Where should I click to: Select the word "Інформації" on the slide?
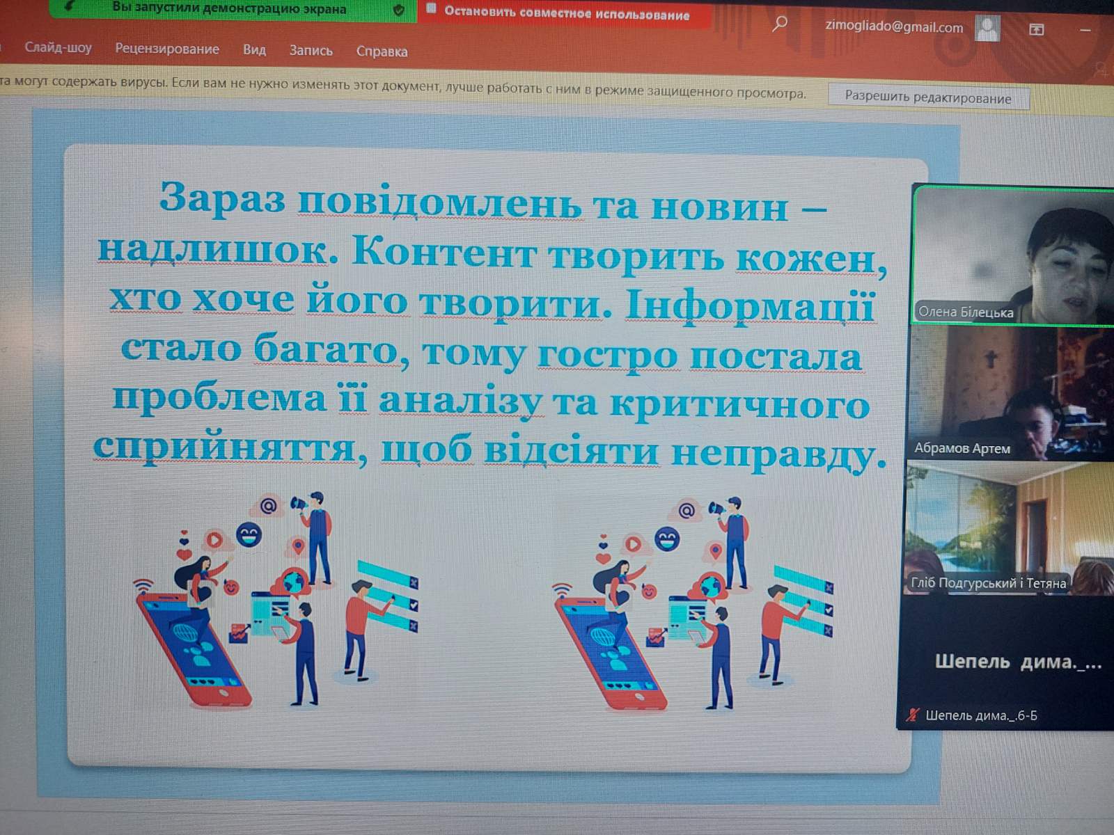point(750,306)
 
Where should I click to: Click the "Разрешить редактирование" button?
point(928,97)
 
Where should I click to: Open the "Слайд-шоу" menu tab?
point(58,47)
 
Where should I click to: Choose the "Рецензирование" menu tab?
point(167,49)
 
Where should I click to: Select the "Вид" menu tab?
point(254,49)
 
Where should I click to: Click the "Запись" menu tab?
point(311,50)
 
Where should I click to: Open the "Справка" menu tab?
point(382,51)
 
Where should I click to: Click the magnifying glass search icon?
point(780,24)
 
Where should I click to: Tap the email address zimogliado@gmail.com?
point(894,27)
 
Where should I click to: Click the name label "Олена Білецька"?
point(965,312)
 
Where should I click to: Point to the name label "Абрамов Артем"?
point(962,448)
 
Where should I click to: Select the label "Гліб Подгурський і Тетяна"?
point(988,583)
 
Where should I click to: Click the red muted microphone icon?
point(913,715)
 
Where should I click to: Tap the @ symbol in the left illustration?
point(269,505)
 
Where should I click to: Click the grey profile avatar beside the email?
point(987,28)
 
